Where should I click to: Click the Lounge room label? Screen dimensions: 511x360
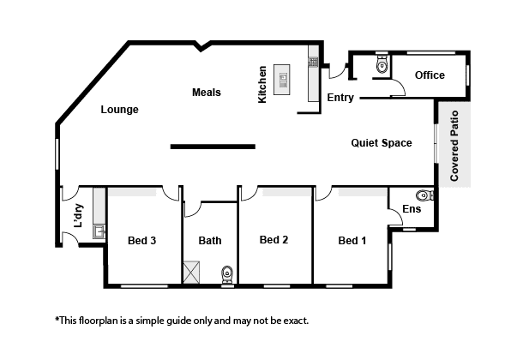click(119, 110)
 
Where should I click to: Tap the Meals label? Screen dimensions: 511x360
click(207, 93)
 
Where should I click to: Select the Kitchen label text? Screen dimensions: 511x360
click(262, 85)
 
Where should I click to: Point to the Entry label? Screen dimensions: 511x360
click(340, 98)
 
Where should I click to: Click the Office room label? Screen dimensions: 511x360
click(430, 75)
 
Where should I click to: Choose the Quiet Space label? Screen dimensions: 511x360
click(382, 143)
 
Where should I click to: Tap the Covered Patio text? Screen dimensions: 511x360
click(454, 146)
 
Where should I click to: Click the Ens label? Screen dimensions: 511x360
click(412, 209)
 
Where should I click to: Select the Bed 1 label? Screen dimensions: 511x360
click(352, 241)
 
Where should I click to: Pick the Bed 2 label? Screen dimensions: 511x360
click(274, 240)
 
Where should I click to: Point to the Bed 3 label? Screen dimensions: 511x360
click(141, 241)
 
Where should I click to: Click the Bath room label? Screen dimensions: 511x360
click(210, 241)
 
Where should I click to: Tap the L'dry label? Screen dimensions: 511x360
click(79, 216)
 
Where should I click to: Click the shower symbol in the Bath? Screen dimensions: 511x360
click(191, 272)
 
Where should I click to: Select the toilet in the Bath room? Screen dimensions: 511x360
click(227, 274)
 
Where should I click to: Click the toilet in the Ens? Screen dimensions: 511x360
click(424, 195)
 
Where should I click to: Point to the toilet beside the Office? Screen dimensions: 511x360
click(382, 64)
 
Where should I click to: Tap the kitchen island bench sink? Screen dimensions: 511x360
click(282, 81)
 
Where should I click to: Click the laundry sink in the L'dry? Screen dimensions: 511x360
click(99, 231)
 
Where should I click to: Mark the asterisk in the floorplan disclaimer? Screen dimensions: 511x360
click(57, 318)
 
